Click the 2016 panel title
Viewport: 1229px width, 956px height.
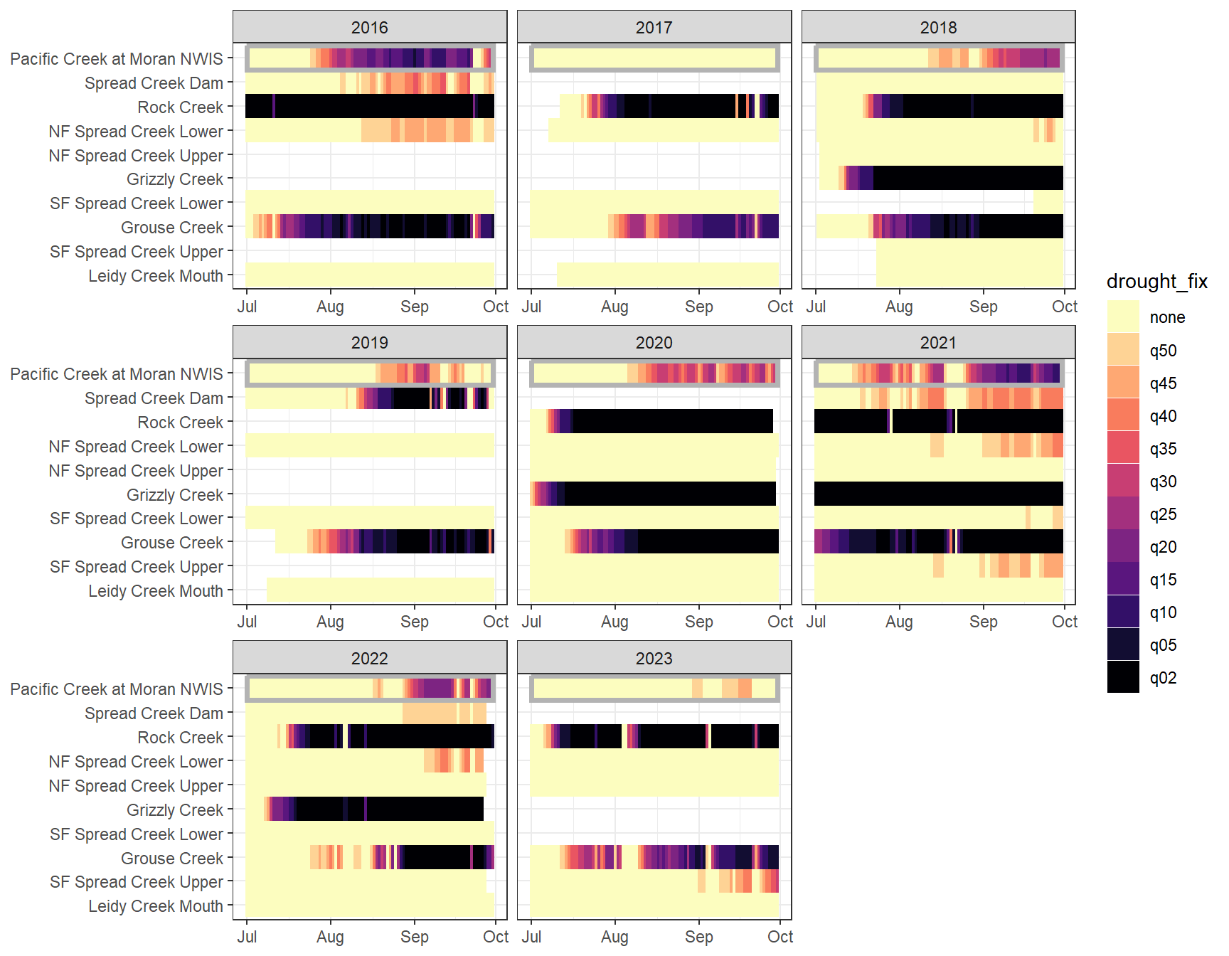tap(369, 27)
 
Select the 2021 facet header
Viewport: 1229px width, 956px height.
tap(938, 342)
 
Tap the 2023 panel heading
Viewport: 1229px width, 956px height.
tap(654, 658)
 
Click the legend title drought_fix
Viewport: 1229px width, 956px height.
tap(1156, 282)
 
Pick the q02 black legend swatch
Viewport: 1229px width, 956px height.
tap(1123, 677)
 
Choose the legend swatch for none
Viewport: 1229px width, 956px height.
tap(1123, 317)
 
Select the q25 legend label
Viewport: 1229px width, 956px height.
tap(1163, 514)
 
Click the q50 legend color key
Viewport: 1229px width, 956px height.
tap(1123, 350)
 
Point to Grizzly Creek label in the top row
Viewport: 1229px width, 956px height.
tap(174, 179)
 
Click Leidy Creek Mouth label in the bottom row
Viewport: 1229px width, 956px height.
tap(155, 906)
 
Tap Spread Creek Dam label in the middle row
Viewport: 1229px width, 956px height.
tap(154, 398)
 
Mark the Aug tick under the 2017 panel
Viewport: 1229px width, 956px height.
tap(614, 307)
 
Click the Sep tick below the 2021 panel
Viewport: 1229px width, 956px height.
tap(983, 622)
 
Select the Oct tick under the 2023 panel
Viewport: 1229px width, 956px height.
tap(780, 937)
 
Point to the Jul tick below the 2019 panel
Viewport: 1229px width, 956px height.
tap(247, 622)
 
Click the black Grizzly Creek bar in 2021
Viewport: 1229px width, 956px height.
tap(938, 494)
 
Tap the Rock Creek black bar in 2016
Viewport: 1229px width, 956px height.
tap(370, 107)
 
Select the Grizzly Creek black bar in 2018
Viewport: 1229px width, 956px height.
tap(967, 178)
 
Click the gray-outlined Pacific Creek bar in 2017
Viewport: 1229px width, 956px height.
tap(654, 58)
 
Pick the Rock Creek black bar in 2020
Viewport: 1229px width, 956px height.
tap(672, 421)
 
